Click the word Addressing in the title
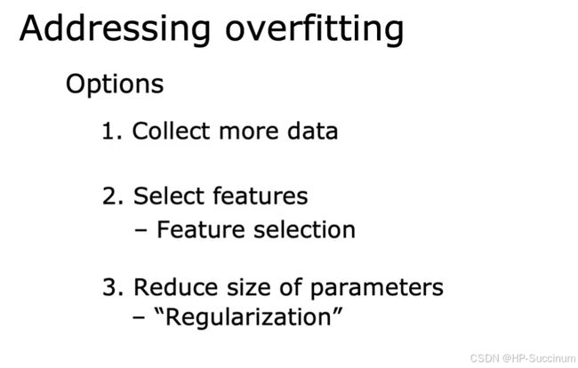tap(115, 29)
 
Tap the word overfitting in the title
tap(315, 29)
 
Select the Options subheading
tap(115, 84)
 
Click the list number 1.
tap(111, 131)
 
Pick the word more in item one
tap(249, 132)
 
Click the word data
tap(313, 131)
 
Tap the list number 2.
tap(112, 196)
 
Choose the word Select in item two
tap(169, 196)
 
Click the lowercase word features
tap(261, 196)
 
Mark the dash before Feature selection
tap(140, 231)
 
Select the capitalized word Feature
tap(201, 229)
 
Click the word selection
tap(304, 229)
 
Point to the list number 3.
tap(112, 287)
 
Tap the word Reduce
tap(175, 287)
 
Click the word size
tap(249, 287)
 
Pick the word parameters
tap(377, 288)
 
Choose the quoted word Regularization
tap(249, 317)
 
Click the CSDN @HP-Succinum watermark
tap(523, 358)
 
